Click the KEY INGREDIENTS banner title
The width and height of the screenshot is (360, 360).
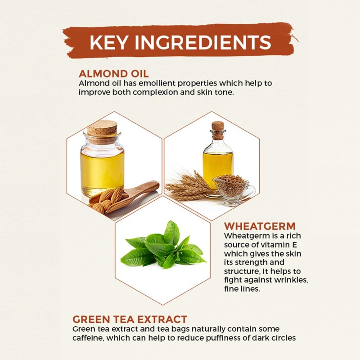(180, 42)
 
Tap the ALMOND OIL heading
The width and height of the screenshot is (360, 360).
(114, 74)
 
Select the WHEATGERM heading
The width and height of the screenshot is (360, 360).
(260, 226)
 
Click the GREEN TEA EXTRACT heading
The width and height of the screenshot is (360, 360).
(130, 319)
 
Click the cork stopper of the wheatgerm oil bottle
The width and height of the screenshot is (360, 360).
(218, 130)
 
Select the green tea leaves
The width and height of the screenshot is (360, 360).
(163, 246)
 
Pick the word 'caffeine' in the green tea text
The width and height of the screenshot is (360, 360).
(88, 338)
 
